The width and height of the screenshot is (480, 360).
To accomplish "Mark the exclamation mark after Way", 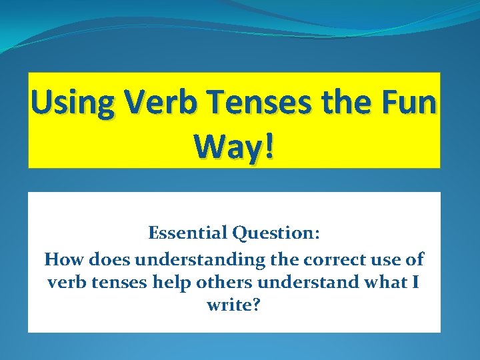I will point(269,148).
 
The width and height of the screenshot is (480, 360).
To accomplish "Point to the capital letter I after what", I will point(416,282).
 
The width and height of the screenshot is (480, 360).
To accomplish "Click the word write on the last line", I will point(224,306).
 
